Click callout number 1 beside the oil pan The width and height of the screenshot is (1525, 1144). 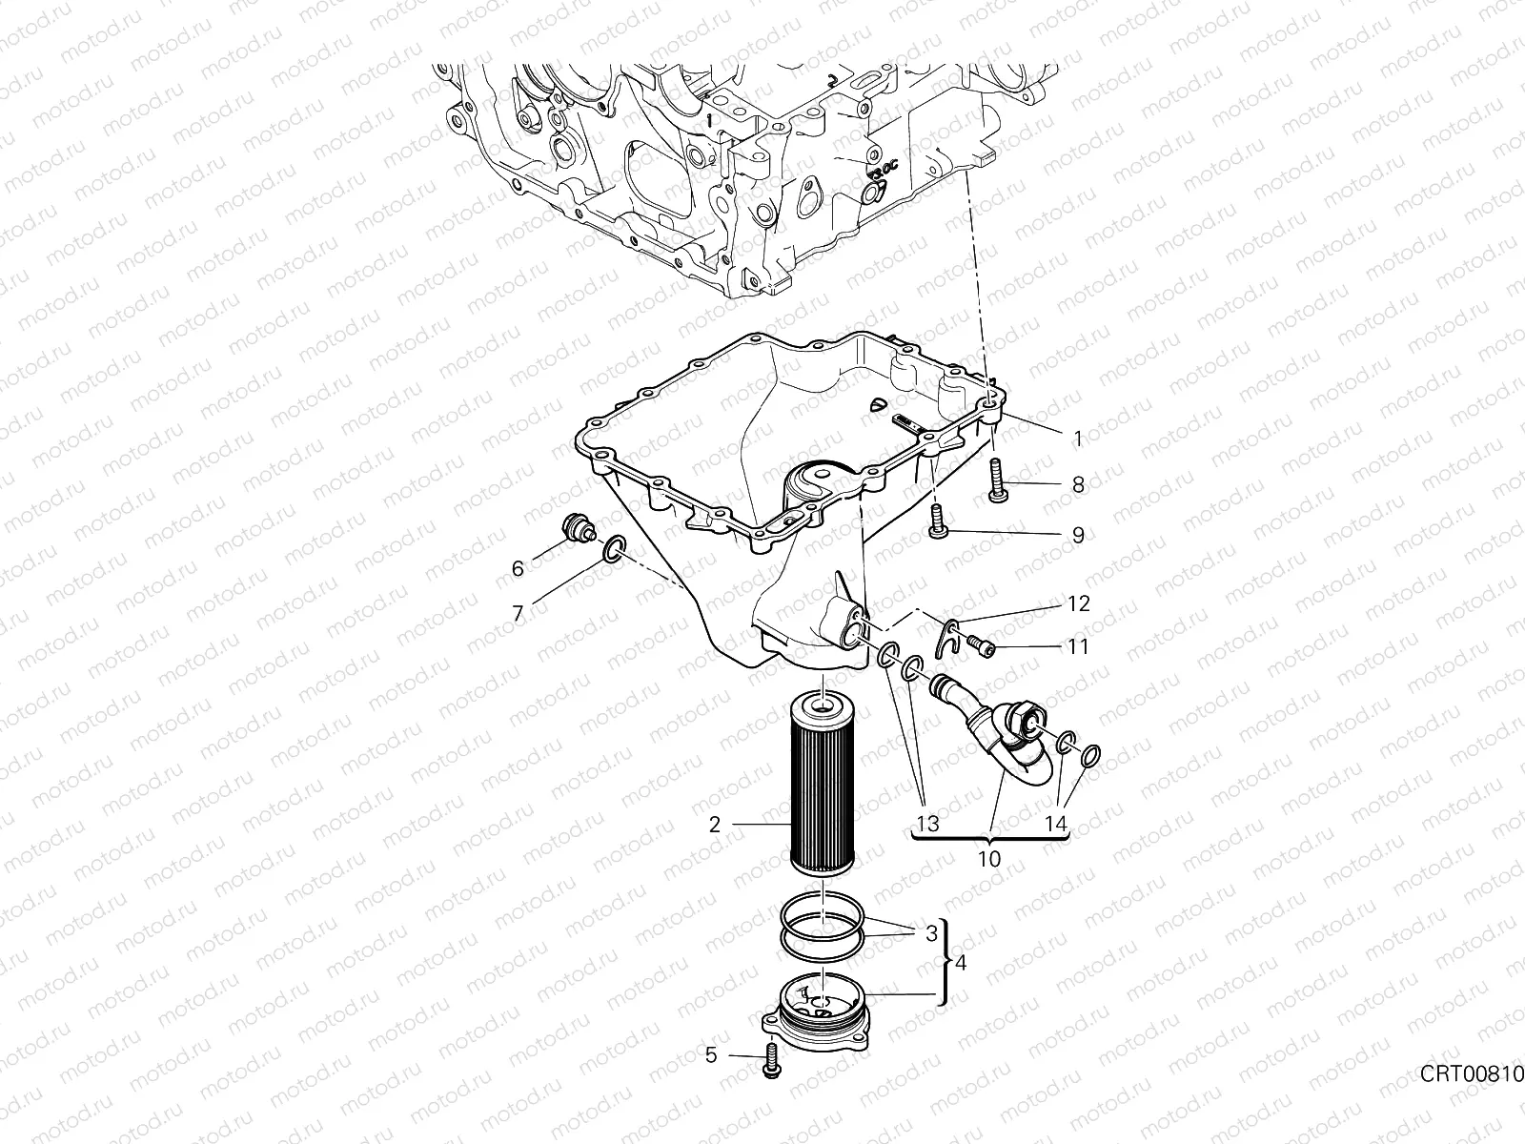[x=1078, y=439]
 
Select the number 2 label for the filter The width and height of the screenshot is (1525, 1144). [x=715, y=825]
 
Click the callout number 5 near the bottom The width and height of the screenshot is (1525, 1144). [x=711, y=1055]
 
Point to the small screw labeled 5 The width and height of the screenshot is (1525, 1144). [x=770, y=1061]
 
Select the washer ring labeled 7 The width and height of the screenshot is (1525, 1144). [x=611, y=549]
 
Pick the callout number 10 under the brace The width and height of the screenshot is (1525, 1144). [x=989, y=859]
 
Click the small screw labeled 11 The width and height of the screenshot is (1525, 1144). [x=983, y=648]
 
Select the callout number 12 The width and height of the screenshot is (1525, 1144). [x=1078, y=604]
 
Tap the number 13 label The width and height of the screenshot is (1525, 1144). [x=927, y=824]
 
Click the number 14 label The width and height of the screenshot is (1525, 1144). [x=1055, y=824]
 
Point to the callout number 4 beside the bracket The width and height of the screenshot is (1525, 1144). [x=960, y=964]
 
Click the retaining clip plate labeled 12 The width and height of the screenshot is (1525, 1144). [x=946, y=634]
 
